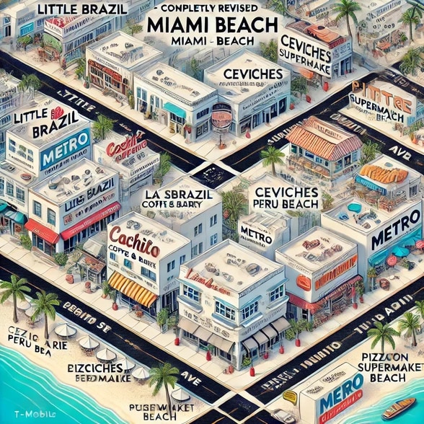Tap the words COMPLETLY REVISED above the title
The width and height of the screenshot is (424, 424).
point(211,9)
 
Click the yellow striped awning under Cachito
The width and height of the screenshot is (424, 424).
point(132,288)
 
